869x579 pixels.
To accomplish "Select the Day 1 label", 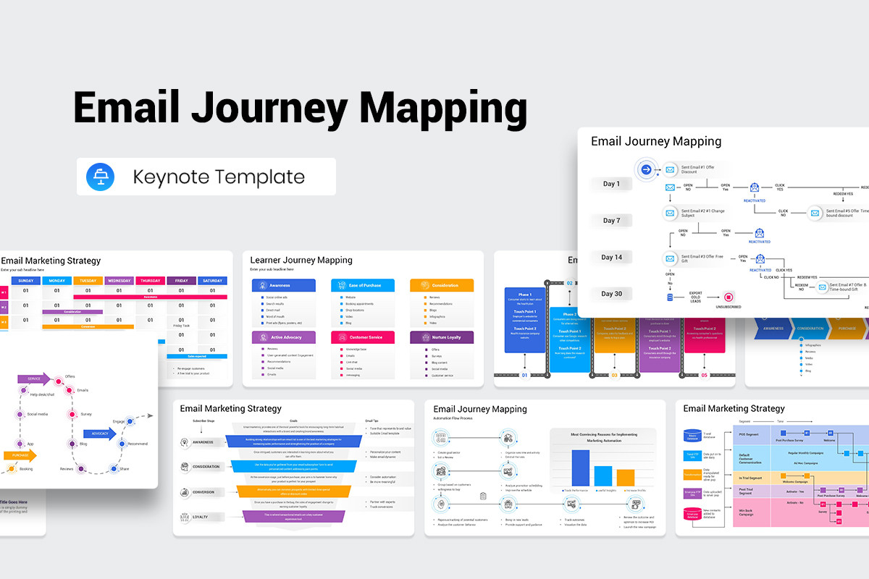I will [611, 184].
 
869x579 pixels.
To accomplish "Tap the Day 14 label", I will [611, 257].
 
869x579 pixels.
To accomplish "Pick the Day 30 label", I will [611, 294].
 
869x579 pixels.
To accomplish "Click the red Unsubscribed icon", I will [729, 297].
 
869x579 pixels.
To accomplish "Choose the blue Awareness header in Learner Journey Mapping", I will [283, 285].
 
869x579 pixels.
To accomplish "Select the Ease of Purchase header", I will [362, 285].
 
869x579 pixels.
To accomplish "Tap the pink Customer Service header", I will [362, 337].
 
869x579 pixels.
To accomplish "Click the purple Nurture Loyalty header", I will [441, 337].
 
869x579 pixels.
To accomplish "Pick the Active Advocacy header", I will [283, 337].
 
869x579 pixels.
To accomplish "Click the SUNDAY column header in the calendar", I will [25, 281].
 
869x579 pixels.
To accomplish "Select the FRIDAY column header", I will [181, 281].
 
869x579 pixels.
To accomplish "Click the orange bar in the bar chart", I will [626, 478].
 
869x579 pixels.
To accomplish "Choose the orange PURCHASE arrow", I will [19, 455].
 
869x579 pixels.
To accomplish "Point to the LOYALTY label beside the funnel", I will [200, 517].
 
